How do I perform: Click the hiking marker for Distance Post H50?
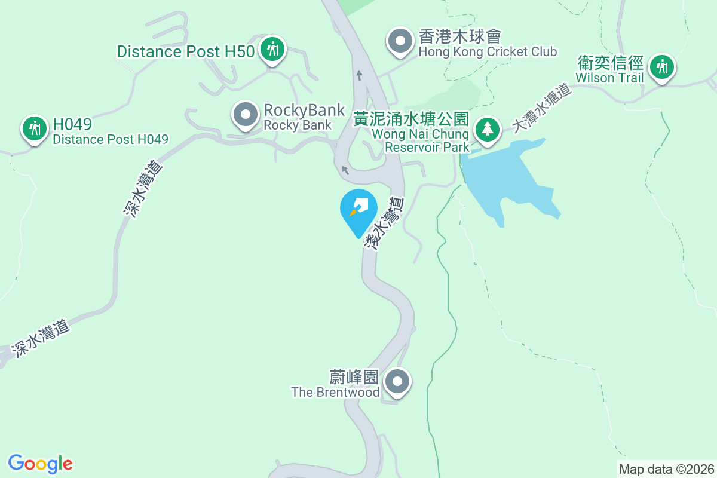pos(273,49)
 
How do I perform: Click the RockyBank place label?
pos(304,110)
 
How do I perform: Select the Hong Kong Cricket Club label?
pos(488,52)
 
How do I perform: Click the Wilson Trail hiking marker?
pos(661,66)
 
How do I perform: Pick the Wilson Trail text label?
pos(609,78)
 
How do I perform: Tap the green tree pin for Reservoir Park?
pos(488,129)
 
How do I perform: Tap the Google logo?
pos(40,464)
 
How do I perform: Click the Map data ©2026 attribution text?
pos(666,469)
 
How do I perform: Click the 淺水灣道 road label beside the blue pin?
pos(385,223)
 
